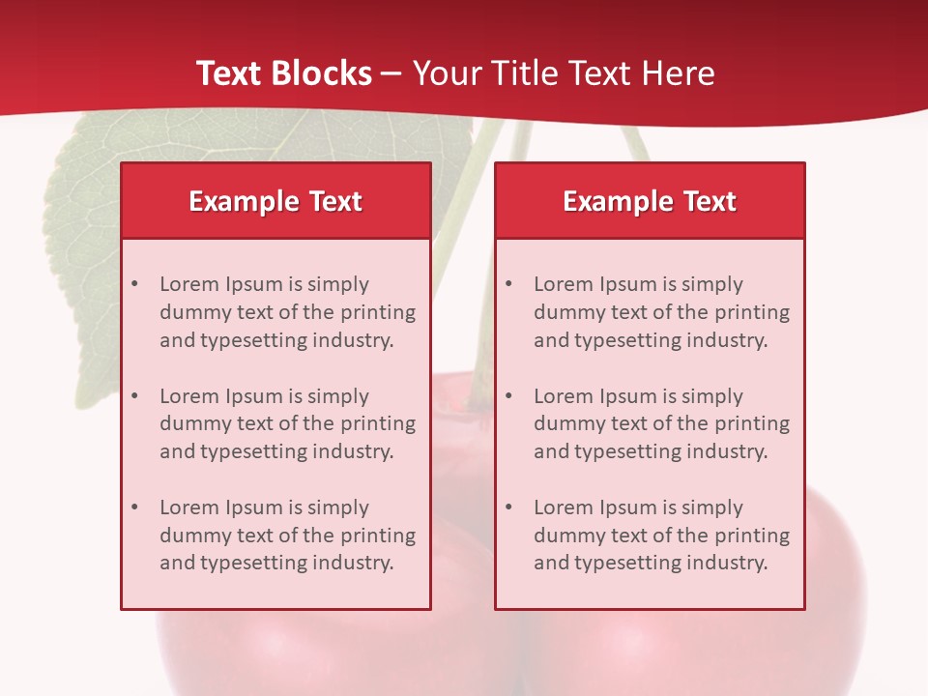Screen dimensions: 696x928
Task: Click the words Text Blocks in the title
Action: click(283, 73)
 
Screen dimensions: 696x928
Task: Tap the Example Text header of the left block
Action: click(275, 201)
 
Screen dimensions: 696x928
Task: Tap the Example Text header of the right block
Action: click(650, 201)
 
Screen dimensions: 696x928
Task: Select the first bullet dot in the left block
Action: click(134, 284)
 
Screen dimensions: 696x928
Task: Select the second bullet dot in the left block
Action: click(134, 396)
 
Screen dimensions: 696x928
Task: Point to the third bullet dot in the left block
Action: click(134, 507)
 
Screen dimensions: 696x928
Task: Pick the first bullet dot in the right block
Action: click(508, 284)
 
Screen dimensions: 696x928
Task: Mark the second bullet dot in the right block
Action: click(508, 396)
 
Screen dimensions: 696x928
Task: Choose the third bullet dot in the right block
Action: click(508, 507)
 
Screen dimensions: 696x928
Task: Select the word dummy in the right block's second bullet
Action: click(566, 423)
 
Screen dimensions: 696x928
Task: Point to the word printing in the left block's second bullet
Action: click(380, 423)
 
